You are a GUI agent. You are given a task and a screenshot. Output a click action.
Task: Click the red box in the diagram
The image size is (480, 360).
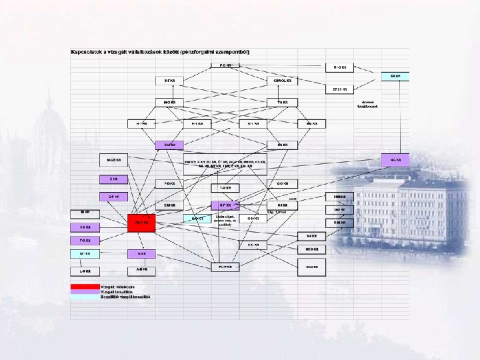point(141,223)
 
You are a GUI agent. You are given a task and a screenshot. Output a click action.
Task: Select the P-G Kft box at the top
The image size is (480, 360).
point(225,65)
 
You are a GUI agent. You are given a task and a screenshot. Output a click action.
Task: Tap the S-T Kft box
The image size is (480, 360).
point(169,81)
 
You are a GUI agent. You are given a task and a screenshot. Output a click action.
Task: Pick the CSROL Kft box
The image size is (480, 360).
point(283,81)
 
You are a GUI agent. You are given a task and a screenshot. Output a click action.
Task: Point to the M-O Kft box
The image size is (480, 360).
point(169,102)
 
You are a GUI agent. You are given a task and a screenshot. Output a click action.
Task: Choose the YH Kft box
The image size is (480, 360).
point(283,102)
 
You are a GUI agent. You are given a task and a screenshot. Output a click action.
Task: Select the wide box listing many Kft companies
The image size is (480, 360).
point(225,164)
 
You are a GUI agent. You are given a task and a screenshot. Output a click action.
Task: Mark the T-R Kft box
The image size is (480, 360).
point(225,187)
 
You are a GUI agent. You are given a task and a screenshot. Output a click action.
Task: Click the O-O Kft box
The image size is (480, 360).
point(283,183)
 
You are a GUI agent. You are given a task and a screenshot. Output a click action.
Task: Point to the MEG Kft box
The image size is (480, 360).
point(311,249)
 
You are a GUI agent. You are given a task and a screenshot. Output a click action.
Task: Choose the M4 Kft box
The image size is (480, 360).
point(311,235)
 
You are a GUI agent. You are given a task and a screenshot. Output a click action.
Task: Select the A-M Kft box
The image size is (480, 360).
point(141,270)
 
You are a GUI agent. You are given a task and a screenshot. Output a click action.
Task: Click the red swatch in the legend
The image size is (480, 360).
point(85,287)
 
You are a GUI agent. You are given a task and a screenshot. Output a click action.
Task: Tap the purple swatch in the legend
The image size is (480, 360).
point(85,292)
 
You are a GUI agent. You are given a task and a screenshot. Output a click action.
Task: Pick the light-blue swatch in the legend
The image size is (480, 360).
point(85,297)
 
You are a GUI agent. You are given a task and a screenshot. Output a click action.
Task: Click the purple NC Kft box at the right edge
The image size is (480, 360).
point(395,159)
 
